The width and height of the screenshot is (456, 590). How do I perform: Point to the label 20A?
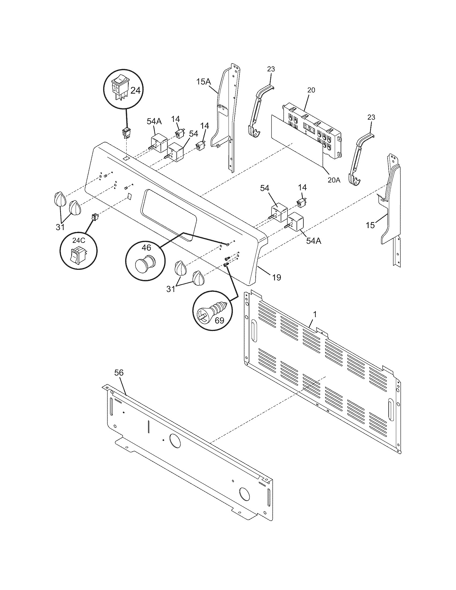tap(334, 180)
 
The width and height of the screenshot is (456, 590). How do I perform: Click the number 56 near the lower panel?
tap(119, 373)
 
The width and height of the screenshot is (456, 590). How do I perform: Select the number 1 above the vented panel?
tap(314, 315)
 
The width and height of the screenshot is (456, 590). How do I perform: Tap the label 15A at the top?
tap(204, 81)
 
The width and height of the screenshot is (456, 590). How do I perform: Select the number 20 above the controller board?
tap(311, 90)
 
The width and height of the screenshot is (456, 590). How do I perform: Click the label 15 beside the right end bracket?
tap(370, 225)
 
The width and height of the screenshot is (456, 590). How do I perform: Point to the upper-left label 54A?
tap(154, 121)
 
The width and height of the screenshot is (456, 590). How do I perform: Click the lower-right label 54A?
tap(313, 241)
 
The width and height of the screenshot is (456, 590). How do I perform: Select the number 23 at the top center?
tap(271, 69)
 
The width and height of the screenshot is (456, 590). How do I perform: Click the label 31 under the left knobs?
tap(60, 227)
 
